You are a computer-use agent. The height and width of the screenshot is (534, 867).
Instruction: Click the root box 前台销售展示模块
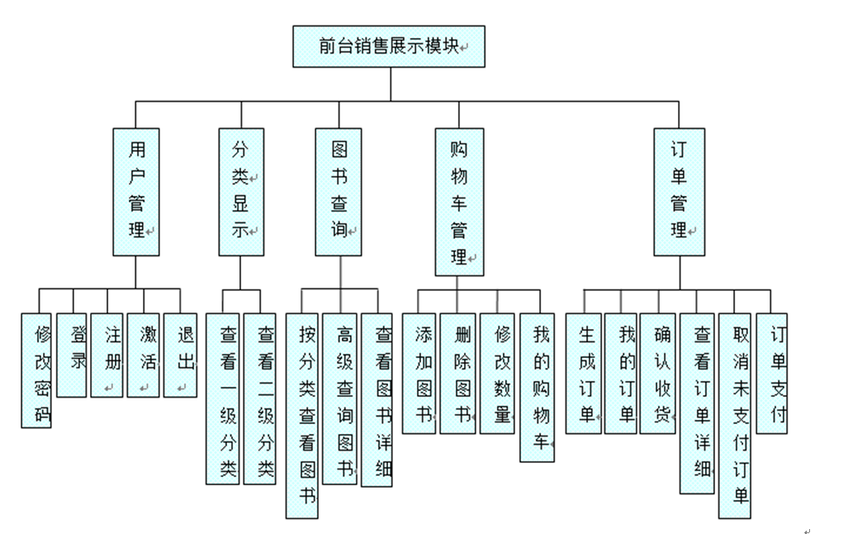(x=388, y=46)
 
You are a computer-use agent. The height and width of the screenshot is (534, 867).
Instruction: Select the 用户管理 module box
(x=135, y=192)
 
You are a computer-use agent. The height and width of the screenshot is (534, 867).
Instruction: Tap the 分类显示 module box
(x=241, y=192)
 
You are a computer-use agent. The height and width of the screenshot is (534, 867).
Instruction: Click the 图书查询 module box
(x=339, y=192)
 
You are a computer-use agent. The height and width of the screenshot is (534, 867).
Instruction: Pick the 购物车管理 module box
(x=459, y=202)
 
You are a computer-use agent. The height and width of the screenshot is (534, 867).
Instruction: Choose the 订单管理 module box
(x=680, y=192)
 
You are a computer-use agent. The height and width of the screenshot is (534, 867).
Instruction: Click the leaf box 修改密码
(x=38, y=370)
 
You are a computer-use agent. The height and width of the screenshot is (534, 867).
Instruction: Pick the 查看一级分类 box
(x=222, y=398)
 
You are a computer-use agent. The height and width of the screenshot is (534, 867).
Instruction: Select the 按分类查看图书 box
(x=302, y=416)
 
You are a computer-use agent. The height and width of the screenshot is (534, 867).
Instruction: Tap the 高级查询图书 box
(x=339, y=398)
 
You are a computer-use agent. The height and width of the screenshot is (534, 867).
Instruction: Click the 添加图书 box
(x=419, y=374)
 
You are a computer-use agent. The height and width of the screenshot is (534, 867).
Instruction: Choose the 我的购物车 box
(x=537, y=387)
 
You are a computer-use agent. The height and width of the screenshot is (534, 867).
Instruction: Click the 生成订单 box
(x=583, y=374)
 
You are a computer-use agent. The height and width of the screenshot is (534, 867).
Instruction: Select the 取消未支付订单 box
(x=734, y=416)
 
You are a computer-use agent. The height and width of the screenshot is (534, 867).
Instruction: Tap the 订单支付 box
(x=772, y=374)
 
